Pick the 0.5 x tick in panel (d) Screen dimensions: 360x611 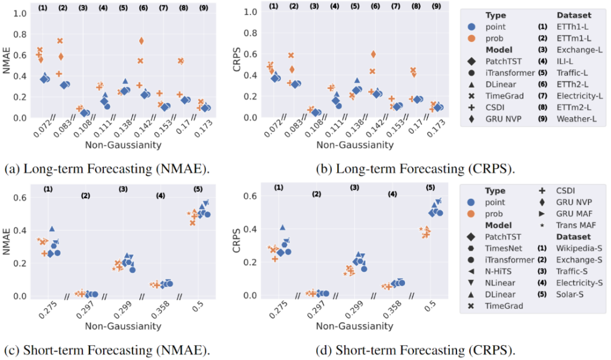pos(430,306)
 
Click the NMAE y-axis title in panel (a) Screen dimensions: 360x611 pos(8,63)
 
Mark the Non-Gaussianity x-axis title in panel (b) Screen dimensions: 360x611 pos(354,144)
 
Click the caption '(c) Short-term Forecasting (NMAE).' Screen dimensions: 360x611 pos(107,349)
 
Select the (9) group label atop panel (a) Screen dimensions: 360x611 pos(205,8)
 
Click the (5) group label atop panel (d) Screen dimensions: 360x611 pos(430,187)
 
